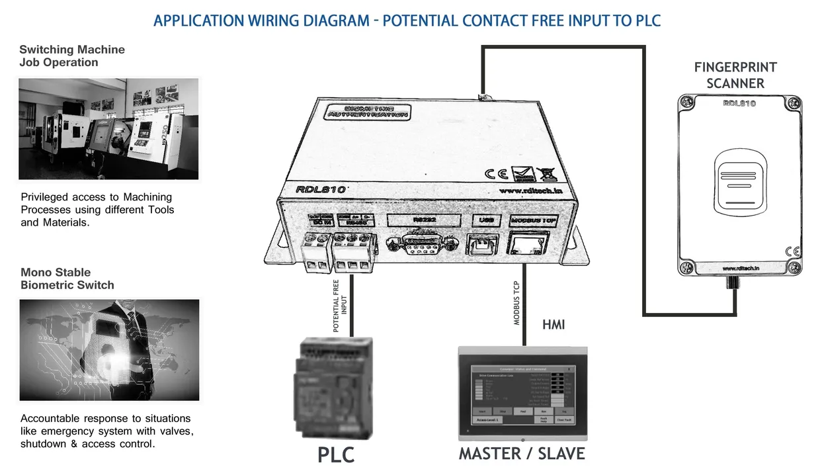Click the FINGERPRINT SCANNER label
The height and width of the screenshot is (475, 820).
(735, 75)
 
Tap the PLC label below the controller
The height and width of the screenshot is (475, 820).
(336, 455)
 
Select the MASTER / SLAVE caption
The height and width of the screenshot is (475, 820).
(522, 454)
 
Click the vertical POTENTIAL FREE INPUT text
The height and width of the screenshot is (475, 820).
(340, 305)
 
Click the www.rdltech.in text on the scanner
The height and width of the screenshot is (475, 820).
(739, 269)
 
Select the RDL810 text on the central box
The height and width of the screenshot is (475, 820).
(321, 189)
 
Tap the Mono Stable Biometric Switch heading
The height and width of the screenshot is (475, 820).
(67, 279)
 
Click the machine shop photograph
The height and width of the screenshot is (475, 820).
(108, 129)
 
